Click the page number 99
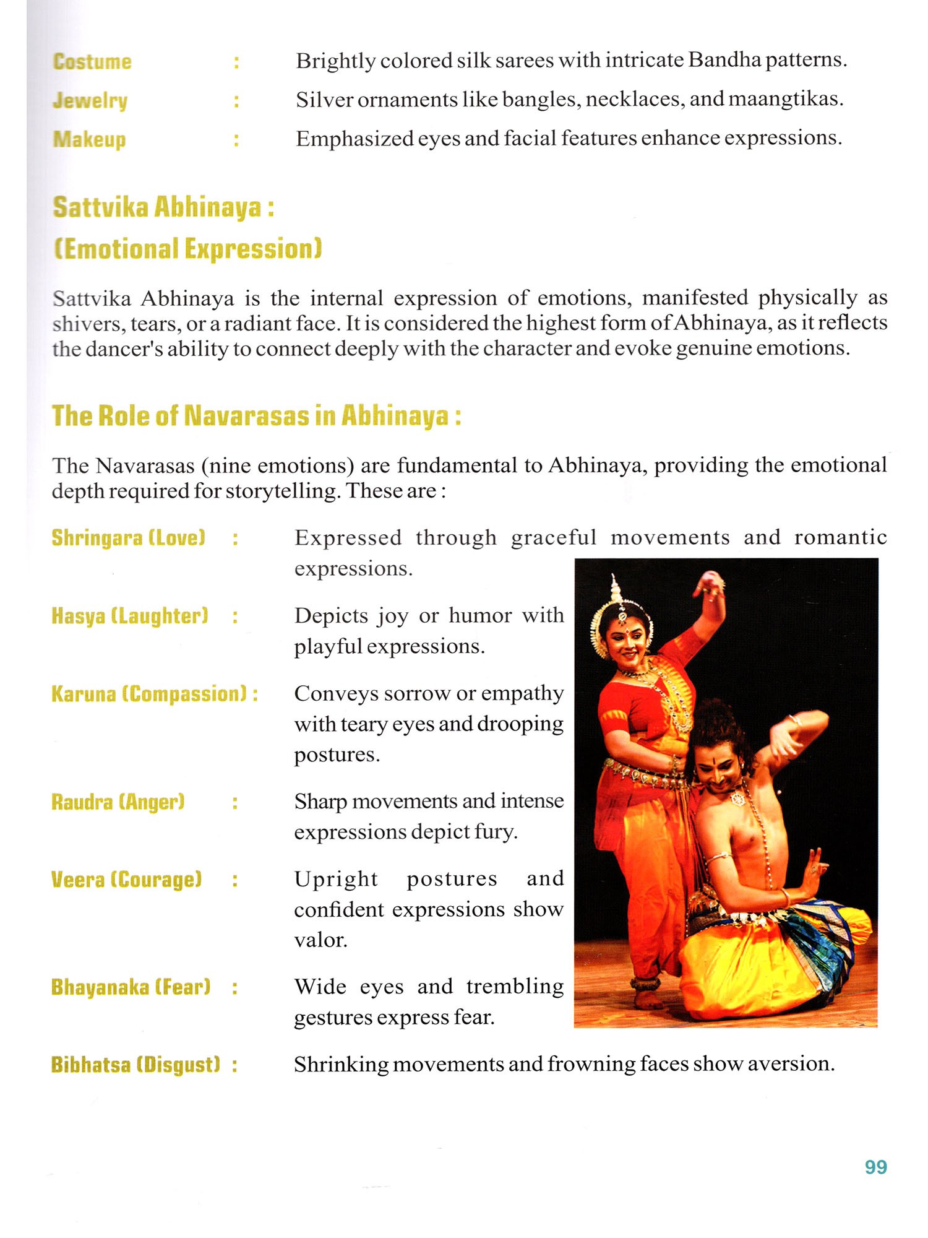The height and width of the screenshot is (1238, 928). tap(875, 1167)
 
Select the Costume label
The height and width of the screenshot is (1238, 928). tap(92, 62)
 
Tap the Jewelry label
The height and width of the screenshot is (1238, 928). tap(90, 100)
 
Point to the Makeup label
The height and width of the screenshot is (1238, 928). tap(90, 139)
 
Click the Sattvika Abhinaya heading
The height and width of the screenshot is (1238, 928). tap(163, 207)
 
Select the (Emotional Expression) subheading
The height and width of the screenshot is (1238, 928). tap(187, 249)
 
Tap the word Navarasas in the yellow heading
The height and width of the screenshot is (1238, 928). tap(247, 415)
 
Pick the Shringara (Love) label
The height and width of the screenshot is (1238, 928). tap(128, 537)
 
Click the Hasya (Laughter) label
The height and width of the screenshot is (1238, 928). tap(130, 616)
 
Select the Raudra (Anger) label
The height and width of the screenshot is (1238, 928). tap(118, 802)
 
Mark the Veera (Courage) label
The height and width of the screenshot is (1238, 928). tap(127, 880)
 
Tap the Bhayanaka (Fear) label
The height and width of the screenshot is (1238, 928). tap(131, 987)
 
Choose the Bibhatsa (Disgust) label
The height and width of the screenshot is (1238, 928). tap(136, 1065)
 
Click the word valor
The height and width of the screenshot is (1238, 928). tap(320, 940)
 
